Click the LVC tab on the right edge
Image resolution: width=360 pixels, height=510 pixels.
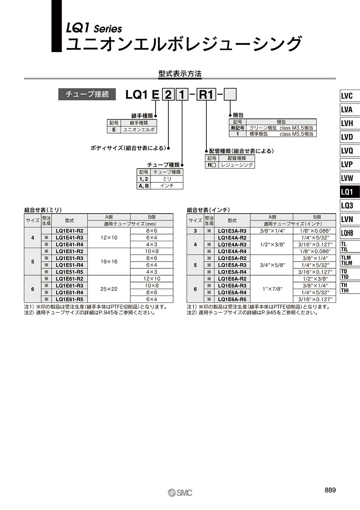[350, 96]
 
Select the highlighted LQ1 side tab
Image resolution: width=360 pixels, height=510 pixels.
[350, 192]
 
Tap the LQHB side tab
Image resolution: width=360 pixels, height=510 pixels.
[350, 233]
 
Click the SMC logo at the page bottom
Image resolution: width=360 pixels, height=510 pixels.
[180, 493]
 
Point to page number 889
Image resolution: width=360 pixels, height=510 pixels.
[330, 490]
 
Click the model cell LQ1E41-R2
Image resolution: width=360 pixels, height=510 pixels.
[70, 231]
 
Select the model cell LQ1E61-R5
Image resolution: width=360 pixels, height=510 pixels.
[70, 299]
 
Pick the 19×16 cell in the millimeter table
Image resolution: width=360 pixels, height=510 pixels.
[109, 262]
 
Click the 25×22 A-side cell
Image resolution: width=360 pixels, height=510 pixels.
[109, 289]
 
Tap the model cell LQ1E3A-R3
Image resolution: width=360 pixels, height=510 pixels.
[232, 231]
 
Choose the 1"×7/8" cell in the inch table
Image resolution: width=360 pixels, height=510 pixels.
[272, 289]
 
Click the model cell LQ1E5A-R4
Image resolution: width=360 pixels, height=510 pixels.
[232, 272]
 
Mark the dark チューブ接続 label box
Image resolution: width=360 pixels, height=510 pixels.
[87, 94]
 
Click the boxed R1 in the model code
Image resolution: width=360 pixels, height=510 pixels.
[206, 94]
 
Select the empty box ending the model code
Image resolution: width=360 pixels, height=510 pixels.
[230, 94]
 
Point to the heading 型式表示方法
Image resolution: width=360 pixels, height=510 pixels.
[180, 74]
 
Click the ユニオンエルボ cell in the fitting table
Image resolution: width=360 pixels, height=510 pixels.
[139, 130]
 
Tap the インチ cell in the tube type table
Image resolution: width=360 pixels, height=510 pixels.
[167, 186]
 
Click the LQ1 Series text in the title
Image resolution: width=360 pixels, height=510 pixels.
[94, 28]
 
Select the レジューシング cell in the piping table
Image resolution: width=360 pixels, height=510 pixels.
[237, 165]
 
